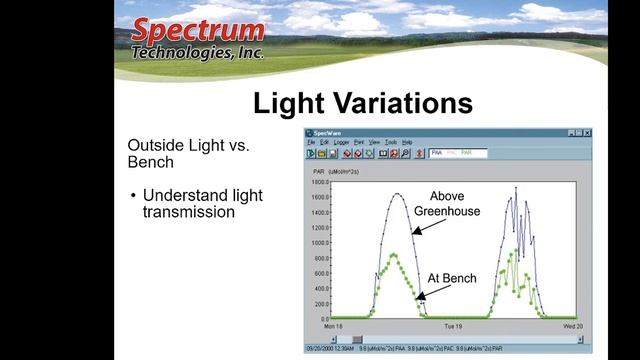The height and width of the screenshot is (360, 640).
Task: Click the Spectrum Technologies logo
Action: tap(198, 37)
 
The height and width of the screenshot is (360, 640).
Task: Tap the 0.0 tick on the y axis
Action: tap(322, 317)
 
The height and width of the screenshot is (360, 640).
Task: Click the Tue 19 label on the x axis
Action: tap(453, 326)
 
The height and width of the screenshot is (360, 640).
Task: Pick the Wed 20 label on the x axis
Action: tap(568, 326)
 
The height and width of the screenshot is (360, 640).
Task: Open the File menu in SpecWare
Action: tap(311, 142)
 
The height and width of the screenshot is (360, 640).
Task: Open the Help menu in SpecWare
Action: tap(407, 142)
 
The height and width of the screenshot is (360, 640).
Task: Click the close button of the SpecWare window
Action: tap(588, 133)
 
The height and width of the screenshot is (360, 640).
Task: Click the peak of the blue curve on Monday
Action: tap(397, 193)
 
